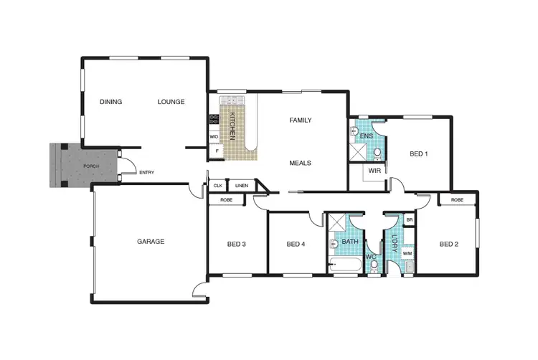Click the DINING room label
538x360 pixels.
click(110, 102)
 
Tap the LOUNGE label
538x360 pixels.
click(171, 102)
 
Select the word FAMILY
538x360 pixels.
click(300, 120)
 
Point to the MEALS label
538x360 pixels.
click(300, 163)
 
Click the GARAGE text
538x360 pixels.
click(151, 242)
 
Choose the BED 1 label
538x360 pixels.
click(419, 153)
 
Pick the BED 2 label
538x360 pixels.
click(448, 244)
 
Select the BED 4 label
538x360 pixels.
click(296, 244)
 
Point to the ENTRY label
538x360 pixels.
click(146, 172)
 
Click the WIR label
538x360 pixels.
click(374, 171)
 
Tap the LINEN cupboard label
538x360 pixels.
click(241, 186)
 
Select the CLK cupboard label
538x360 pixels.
click(217, 186)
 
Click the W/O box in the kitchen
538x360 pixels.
click(214, 136)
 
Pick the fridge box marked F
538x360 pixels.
click(215, 151)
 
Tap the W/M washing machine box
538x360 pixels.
click(407, 253)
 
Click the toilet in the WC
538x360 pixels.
click(374, 264)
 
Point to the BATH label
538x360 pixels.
click(349, 242)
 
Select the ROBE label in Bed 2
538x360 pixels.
click(456, 199)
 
